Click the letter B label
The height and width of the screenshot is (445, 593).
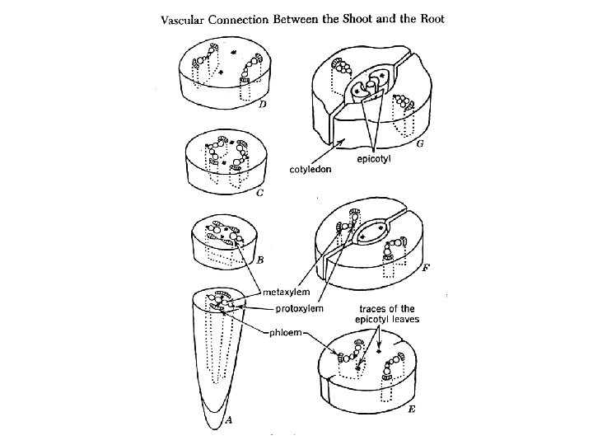(x=260, y=260)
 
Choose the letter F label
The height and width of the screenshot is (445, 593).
(x=426, y=268)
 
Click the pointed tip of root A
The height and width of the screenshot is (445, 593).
(x=212, y=427)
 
